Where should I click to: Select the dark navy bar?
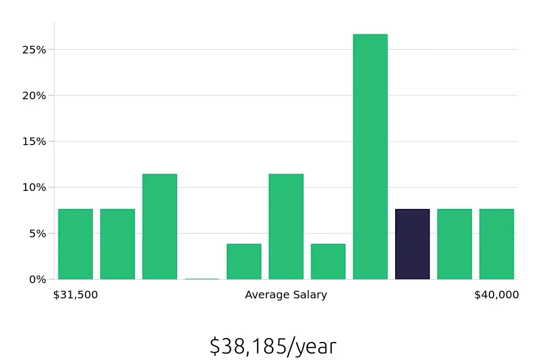[412, 244]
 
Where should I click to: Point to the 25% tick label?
[34, 50]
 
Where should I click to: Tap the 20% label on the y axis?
[34, 95]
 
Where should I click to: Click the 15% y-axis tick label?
[34, 141]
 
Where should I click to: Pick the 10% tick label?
[34, 187]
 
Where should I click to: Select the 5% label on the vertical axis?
[37, 233]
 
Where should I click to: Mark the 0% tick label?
[37, 279]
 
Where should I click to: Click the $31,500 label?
[76, 295]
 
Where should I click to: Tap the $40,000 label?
[496, 295]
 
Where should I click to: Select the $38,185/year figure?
[273, 346]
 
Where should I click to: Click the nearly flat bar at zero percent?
[202, 279]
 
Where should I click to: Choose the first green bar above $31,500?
[75, 244]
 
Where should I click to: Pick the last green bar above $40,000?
[496, 244]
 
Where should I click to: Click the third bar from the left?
[160, 227]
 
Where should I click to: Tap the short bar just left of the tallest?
[328, 262]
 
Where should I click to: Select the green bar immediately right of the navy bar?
[455, 244]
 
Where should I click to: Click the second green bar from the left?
[118, 244]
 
